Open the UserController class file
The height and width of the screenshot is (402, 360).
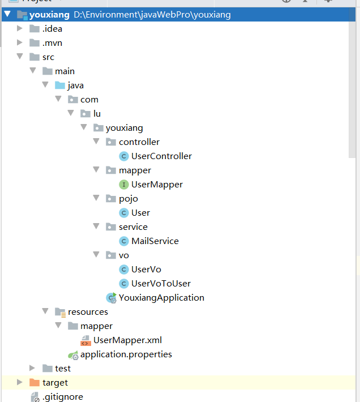(x=161, y=156)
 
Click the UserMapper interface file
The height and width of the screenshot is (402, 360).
(x=157, y=185)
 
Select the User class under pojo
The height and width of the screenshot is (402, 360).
(x=140, y=213)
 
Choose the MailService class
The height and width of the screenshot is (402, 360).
(x=155, y=241)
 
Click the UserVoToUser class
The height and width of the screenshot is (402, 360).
(x=161, y=284)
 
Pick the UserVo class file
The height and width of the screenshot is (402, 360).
(x=146, y=270)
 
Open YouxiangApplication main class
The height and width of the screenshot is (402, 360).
(x=161, y=298)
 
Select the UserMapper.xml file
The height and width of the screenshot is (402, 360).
(x=127, y=340)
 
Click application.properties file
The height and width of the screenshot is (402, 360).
(x=126, y=354)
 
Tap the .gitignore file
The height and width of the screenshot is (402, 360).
(x=62, y=397)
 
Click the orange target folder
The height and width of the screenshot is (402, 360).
(x=55, y=383)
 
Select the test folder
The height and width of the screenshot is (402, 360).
(x=62, y=369)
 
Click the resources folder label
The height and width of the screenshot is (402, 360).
(x=88, y=312)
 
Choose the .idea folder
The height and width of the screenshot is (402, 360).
(x=52, y=29)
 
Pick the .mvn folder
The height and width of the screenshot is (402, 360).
(x=52, y=43)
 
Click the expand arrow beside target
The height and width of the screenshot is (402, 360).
(x=20, y=383)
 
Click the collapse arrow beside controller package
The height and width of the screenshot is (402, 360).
(x=96, y=142)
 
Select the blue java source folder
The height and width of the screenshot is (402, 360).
(x=75, y=85)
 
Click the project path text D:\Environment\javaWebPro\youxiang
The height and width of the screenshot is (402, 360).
(x=152, y=15)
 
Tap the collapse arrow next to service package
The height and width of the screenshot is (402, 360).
(x=96, y=227)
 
